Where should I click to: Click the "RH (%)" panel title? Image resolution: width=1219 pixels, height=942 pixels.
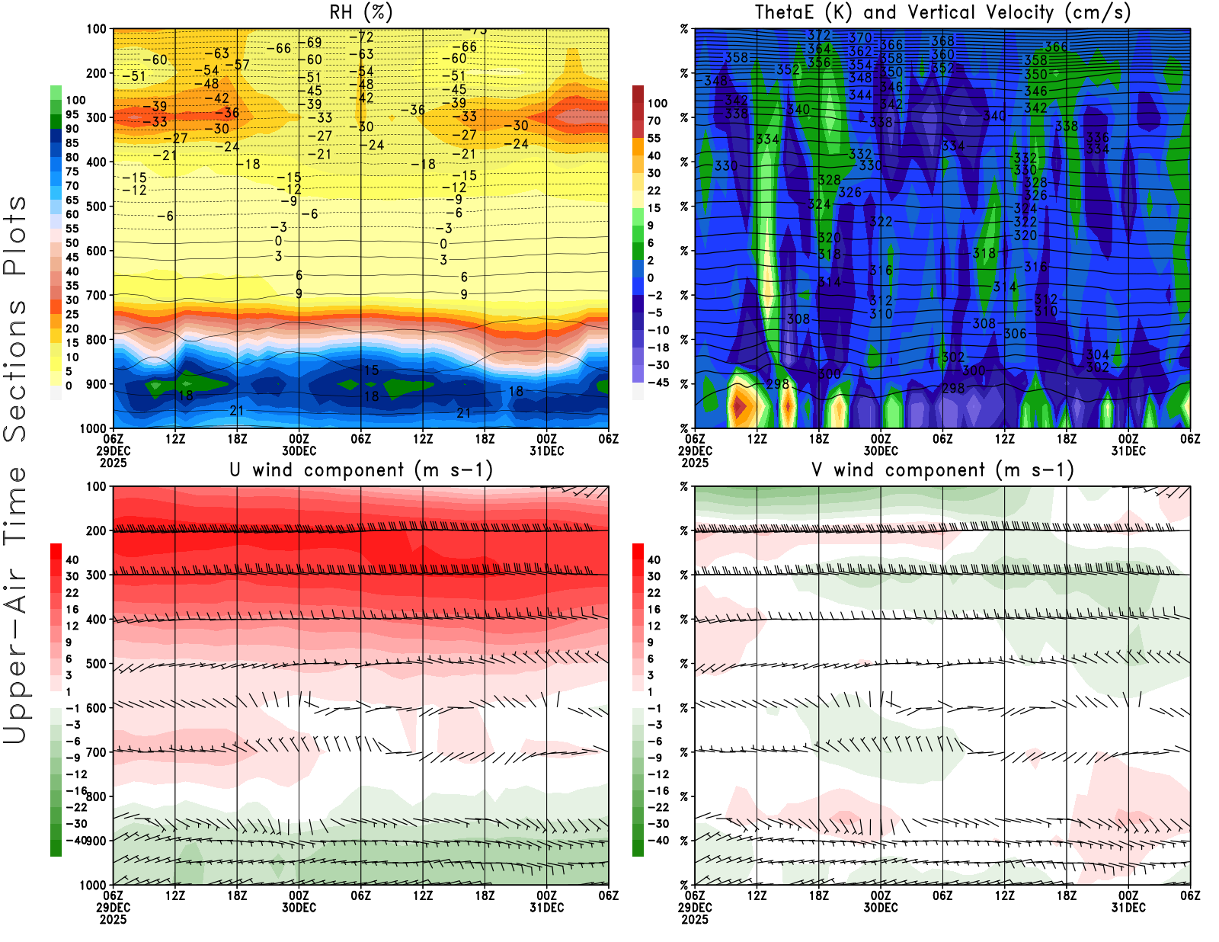(361, 12)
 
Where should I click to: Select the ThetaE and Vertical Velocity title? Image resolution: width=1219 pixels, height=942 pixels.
(942, 12)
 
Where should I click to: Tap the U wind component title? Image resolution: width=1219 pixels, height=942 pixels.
(361, 469)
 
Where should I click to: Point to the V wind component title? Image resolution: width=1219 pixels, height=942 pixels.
(942, 469)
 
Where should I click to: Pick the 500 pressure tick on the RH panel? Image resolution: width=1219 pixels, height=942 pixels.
(96, 207)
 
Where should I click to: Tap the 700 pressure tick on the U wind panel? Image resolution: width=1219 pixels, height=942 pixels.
(96, 752)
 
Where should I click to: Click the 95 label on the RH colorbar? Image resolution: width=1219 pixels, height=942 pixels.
(72, 114)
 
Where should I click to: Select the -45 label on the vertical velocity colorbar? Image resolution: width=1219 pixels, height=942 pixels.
(657, 383)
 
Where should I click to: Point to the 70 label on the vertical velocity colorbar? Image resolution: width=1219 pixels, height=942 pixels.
(654, 120)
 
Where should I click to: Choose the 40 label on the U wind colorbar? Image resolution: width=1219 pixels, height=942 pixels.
(72, 559)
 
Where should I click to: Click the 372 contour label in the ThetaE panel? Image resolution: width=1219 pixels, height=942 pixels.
(819, 35)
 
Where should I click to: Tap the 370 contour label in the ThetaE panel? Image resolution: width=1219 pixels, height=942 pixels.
(860, 37)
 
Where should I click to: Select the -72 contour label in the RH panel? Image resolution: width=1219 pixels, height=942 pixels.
(362, 37)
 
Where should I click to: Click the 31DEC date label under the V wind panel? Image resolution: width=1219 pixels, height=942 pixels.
(1128, 908)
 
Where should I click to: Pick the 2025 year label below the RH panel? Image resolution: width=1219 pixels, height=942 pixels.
(113, 463)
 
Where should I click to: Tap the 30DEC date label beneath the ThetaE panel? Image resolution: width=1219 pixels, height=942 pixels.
(881, 450)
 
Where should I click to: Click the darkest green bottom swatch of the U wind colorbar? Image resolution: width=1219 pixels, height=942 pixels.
(56, 847)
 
